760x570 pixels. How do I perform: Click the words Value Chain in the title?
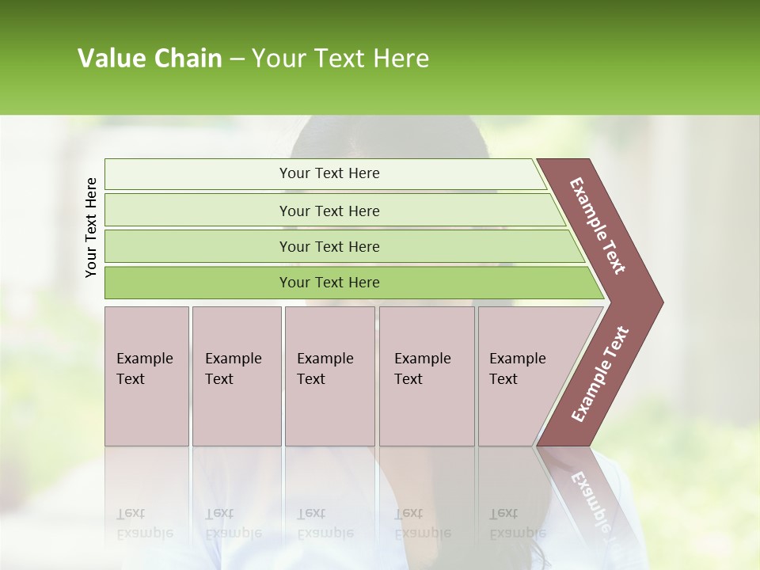(x=150, y=59)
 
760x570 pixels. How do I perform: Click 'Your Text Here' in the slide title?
(x=340, y=59)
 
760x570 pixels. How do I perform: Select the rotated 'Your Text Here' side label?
(x=91, y=227)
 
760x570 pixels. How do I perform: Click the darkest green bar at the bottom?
(x=198, y=283)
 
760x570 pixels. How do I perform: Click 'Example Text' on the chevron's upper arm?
(x=598, y=226)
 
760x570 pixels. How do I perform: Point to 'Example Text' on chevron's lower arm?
(x=599, y=374)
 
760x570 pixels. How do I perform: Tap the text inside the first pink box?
(x=144, y=369)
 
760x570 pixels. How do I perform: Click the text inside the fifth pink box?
(x=517, y=369)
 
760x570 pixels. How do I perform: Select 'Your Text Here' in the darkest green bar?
(x=329, y=283)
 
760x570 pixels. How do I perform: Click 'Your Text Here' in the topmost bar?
(x=329, y=173)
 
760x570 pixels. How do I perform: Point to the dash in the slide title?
(x=237, y=59)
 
